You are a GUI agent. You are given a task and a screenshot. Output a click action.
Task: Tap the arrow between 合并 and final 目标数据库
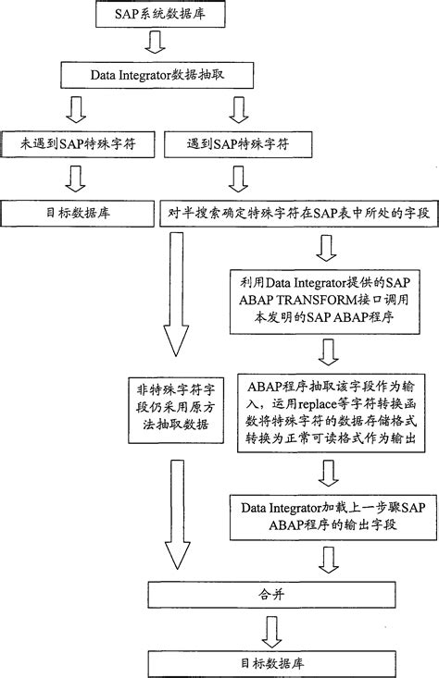pos(271,629)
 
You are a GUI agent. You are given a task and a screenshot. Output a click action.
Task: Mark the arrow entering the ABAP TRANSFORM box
pos(327,248)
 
